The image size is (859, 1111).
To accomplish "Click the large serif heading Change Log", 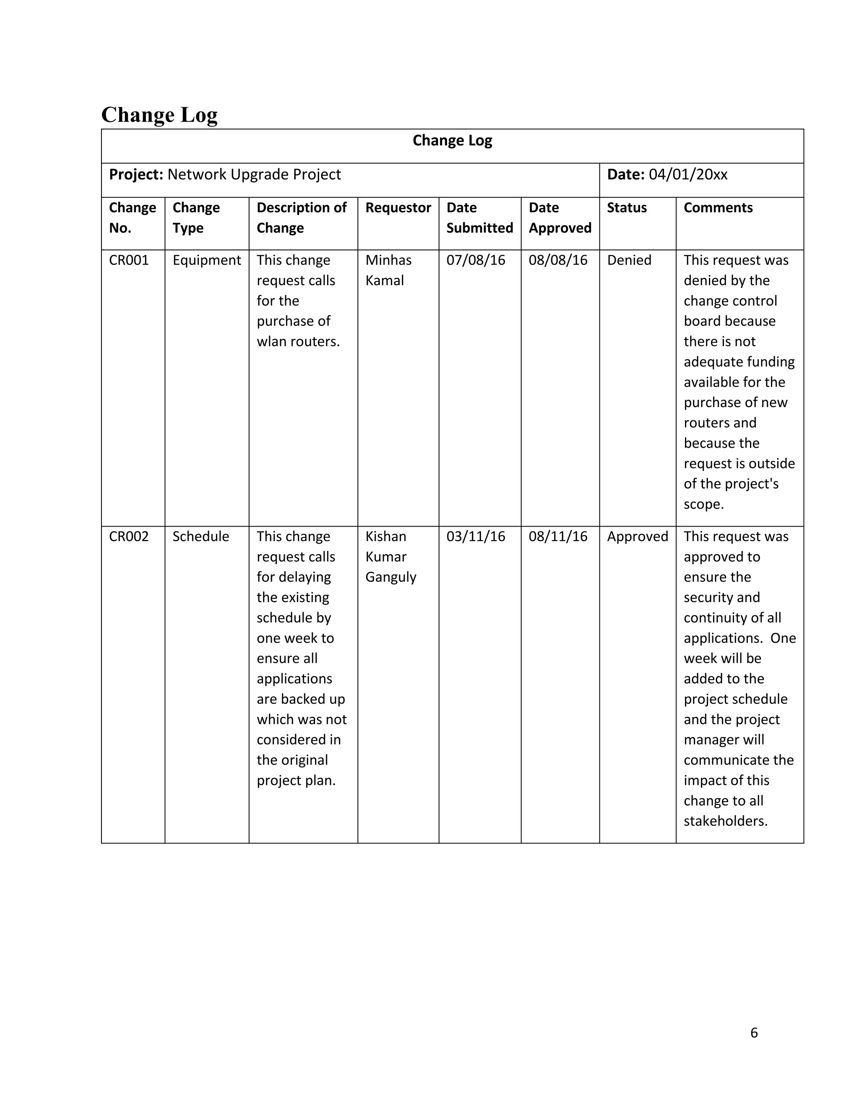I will coord(159,115).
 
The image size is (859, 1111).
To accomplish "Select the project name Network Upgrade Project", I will coord(254,174).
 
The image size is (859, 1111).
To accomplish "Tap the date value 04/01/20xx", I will coord(687,174).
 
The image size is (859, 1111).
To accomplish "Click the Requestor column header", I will coord(398,208).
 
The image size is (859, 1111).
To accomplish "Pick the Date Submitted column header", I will coord(479,218).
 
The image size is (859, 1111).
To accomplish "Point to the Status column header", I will coord(627,208).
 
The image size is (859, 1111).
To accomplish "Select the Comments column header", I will coord(718,208).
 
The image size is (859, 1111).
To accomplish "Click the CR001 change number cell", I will coord(129,260).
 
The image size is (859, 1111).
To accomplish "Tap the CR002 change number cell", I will coord(129,536).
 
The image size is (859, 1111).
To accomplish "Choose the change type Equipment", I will coord(207,260).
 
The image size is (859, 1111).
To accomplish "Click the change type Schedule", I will coord(200,536).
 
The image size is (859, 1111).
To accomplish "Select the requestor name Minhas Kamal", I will coord(388,270).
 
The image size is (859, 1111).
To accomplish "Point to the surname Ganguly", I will coord(391,577).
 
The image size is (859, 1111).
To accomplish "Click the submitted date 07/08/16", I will coord(476,260).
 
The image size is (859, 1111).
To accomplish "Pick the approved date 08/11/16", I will coord(558,536).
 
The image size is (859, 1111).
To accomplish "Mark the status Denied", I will coord(629,260).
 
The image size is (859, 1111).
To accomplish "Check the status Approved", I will coord(637,536).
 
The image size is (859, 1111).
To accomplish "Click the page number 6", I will coord(754,1032).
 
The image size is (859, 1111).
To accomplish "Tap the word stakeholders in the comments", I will coord(725,821).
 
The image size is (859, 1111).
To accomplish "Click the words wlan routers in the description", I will coord(298,341).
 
